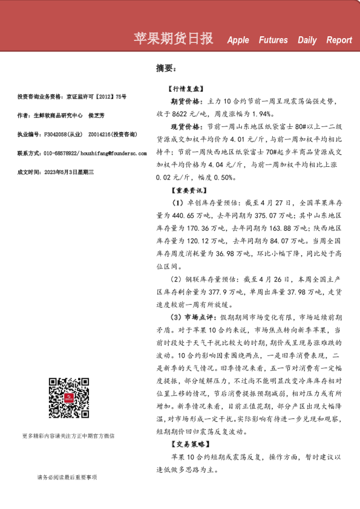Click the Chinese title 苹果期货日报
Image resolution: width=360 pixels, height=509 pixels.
173,39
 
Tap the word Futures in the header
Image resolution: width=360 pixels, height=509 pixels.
273,41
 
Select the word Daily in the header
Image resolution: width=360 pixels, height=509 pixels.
307,41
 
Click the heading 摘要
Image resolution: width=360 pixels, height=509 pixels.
165,68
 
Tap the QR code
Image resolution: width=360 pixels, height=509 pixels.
68,398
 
